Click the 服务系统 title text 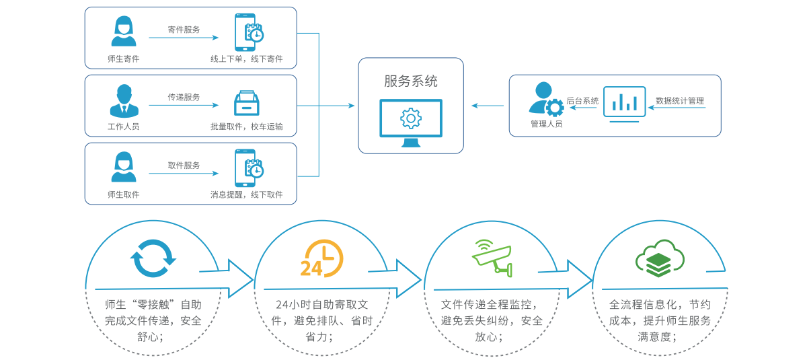tap(410, 81)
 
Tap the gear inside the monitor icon tap(410, 118)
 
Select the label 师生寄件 tap(123, 59)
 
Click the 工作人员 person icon tap(123, 101)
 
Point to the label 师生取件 tap(123, 194)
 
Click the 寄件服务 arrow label tap(184, 30)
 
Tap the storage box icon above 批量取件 tap(247, 104)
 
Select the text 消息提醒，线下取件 tap(246, 194)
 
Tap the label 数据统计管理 tap(680, 101)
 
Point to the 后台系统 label tap(582, 101)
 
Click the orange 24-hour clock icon tap(321, 258)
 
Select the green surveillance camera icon tap(494, 257)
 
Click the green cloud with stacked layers tap(659, 258)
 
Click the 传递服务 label tap(184, 97)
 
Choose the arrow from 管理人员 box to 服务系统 tap(488, 106)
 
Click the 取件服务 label tap(184, 165)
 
